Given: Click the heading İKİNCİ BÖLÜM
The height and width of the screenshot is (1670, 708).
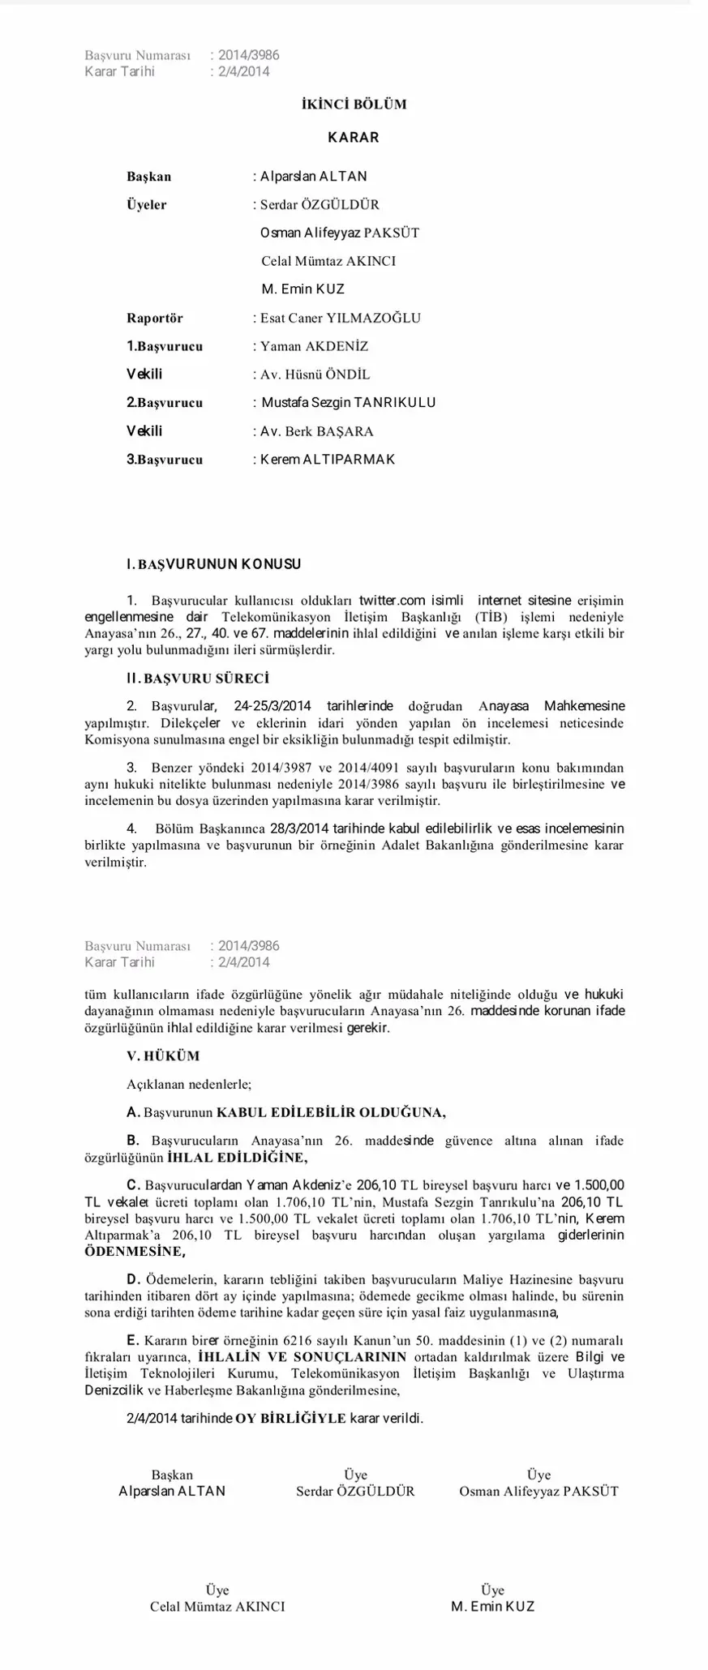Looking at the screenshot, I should click(354, 105).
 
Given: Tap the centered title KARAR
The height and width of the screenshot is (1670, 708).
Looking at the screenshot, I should click(354, 138).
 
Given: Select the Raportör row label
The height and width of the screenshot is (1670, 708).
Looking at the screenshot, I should click(155, 318).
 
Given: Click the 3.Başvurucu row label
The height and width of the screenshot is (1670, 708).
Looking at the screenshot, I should click(165, 460).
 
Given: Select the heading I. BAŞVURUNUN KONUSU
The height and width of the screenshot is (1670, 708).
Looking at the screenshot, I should click(214, 564).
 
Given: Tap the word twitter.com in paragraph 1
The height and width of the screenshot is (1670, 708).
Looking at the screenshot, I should click(392, 601).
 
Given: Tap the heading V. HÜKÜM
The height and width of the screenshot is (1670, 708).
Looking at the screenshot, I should click(163, 1056).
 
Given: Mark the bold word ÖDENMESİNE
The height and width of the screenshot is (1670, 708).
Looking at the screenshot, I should click(135, 1252).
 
